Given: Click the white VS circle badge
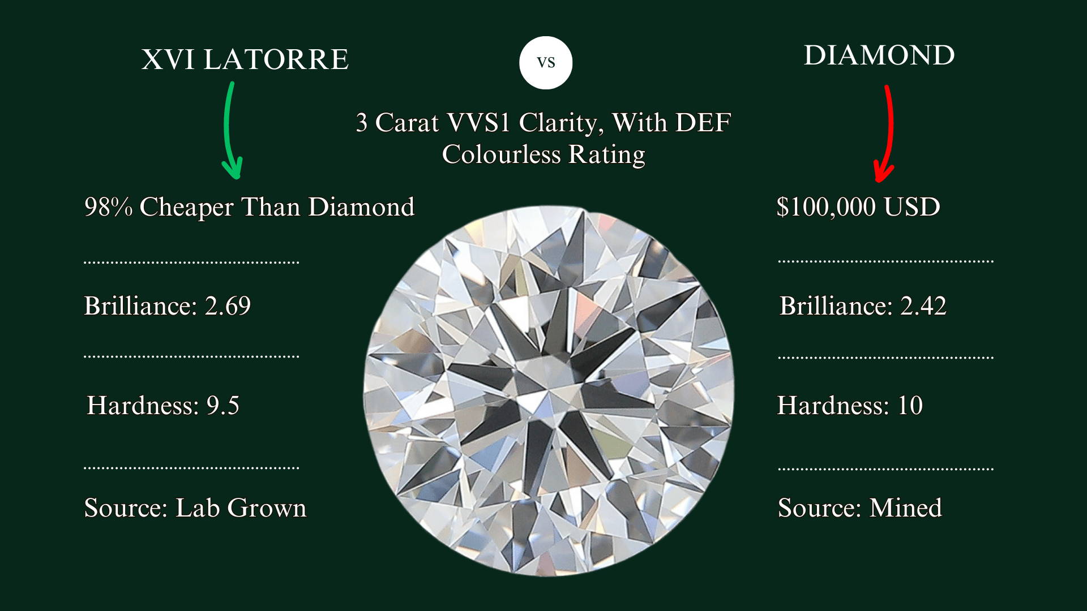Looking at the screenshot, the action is (546, 62).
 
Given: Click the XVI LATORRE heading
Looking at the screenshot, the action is (245, 59).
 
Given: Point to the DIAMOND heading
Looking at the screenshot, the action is (879, 55).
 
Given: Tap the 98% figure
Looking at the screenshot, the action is (108, 207).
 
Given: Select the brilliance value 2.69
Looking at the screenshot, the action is (228, 306).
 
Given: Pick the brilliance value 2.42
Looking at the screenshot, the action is (923, 306).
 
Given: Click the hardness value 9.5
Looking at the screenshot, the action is (222, 406).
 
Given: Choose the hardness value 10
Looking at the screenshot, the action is (910, 406).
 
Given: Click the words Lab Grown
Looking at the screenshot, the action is (241, 507).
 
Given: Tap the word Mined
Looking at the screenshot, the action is (905, 507).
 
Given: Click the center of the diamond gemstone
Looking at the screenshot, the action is (548, 390).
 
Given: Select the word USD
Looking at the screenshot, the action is (911, 206).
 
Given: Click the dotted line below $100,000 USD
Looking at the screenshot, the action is (886, 261).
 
